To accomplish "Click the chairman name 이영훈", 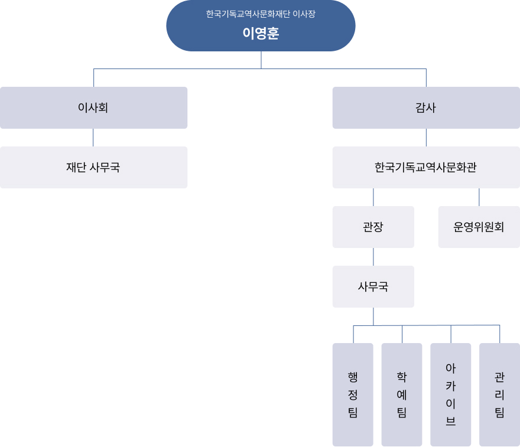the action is [x=261, y=33].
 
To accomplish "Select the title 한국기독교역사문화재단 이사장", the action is [x=261, y=14].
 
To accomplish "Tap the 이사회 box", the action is [x=93, y=107].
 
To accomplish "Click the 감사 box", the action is [x=426, y=107].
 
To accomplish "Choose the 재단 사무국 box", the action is [x=93, y=167].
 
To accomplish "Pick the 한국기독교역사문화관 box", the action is [x=426, y=167].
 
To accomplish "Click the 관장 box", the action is [x=373, y=227].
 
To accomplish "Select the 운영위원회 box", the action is [x=479, y=227].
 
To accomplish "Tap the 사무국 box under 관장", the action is [x=373, y=286].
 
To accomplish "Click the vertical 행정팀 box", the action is [x=353, y=394].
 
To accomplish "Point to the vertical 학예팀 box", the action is [x=402, y=394].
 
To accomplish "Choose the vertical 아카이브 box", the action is [x=451, y=394].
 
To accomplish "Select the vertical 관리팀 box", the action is [x=499, y=394].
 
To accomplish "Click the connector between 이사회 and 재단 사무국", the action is [x=93, y=138].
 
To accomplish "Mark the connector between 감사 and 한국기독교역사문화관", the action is [x=426, y=138].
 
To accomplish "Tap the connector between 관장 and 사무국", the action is [x=373, y=257].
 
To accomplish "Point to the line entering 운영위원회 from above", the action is [x=479, y=197].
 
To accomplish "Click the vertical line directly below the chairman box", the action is [x=261, y=60].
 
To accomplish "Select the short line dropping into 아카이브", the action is [x=451, y=334].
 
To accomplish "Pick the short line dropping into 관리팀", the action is [x=499, y=334].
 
